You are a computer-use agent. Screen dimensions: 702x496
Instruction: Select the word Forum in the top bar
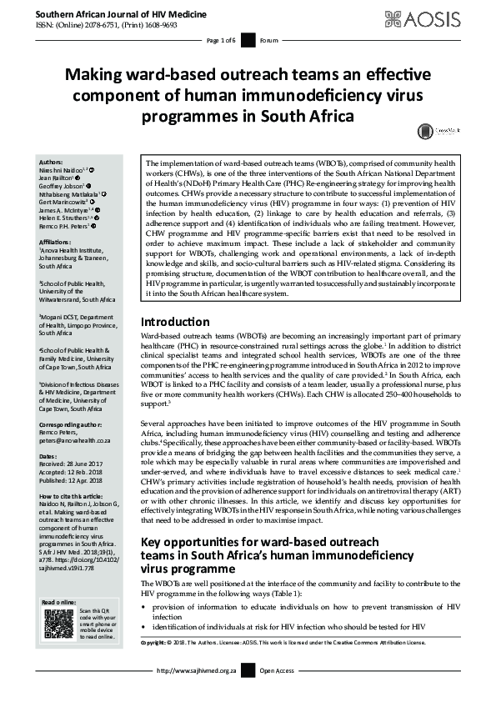tap(269, 40)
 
